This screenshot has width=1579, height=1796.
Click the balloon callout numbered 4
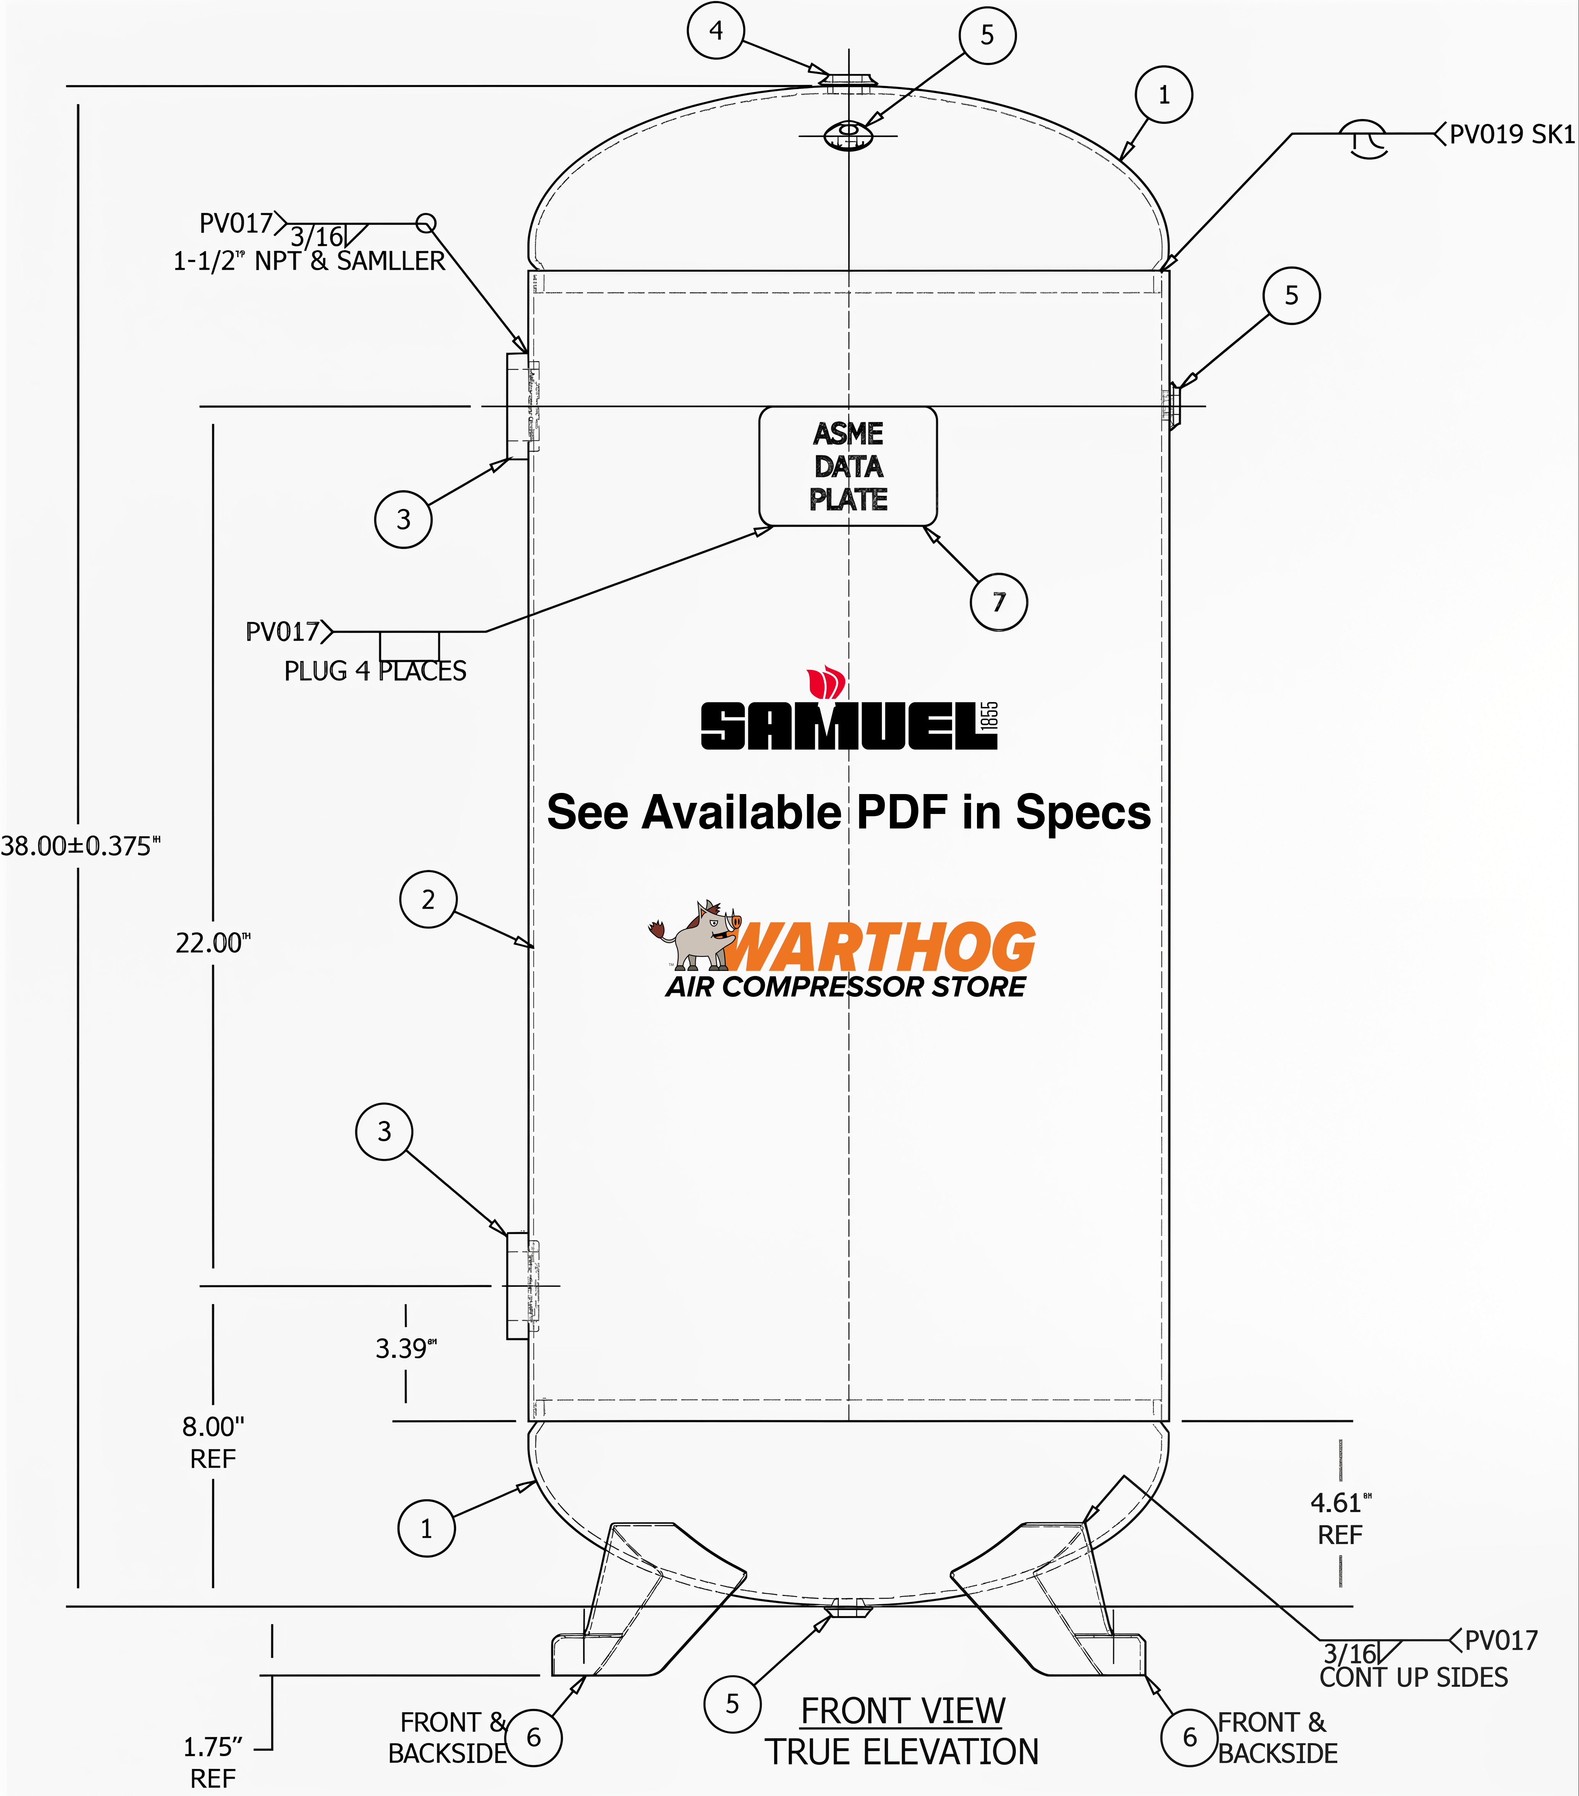tap(716, 31)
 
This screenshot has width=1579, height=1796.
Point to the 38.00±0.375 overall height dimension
tap(79, 846)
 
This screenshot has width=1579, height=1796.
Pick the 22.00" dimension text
tap(213, 943)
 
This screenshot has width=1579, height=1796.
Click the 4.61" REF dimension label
tap(1340, 1518)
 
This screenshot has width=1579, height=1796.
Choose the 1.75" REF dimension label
tap(213, 1762)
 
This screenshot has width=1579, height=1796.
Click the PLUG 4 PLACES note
tap(375, 671)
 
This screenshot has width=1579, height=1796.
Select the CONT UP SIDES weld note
tap(1413, 1678)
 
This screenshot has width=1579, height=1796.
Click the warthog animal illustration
tap(699, 936)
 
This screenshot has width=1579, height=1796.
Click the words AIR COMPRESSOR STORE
tap(845, 987)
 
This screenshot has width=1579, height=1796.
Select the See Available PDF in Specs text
tap(848, 812)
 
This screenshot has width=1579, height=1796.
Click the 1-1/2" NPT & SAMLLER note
tap(309, 261)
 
